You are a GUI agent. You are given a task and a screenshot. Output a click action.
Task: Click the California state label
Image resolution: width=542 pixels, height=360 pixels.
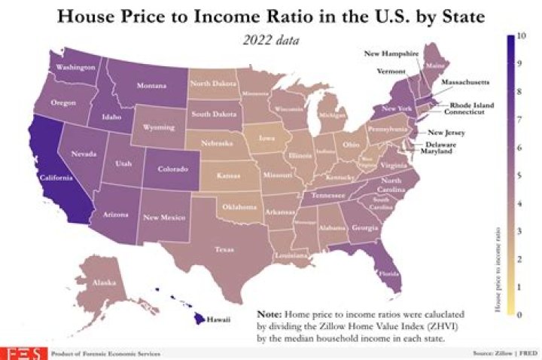click(56, 178)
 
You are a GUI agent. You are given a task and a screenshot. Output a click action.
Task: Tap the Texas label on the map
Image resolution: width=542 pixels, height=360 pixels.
click(224, 249)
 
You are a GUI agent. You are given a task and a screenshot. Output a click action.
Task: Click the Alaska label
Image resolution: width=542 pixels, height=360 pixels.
click(102, 284)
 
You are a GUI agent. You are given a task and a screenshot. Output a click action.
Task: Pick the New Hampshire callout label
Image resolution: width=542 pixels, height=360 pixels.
click(391, 54)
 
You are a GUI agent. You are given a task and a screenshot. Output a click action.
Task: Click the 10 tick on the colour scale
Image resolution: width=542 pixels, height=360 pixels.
click(512, 35)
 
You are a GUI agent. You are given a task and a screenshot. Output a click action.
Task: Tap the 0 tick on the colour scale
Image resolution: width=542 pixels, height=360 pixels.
click(512, 314)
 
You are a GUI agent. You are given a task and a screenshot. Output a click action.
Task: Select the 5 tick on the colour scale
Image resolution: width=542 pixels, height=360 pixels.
click(512, 175)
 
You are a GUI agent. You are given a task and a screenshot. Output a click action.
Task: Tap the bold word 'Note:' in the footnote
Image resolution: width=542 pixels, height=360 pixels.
click(269, 313)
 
